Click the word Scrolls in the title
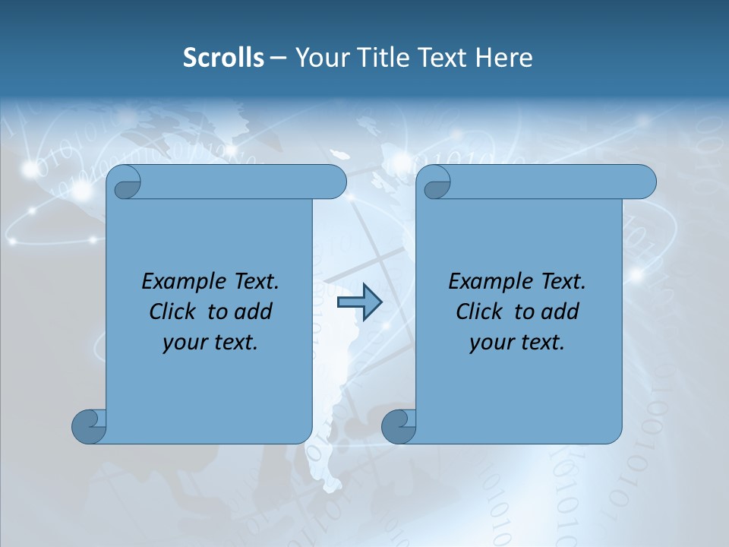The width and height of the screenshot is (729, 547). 223,58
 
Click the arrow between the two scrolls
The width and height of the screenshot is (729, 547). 359,302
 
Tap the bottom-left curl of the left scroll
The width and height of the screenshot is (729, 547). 88,426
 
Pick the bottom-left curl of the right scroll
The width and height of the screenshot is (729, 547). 398,426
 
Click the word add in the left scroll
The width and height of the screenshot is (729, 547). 254,311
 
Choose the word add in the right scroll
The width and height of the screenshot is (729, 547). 560,311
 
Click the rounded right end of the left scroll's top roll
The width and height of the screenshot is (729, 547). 334,182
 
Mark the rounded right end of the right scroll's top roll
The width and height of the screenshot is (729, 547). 644,182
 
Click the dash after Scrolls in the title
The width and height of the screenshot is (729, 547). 278,58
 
